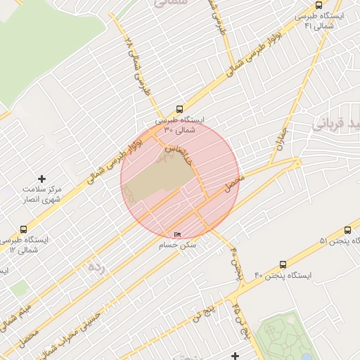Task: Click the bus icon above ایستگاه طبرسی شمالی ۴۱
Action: [x=320, y=5]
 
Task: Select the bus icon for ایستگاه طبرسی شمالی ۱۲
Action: [x=24, y=229]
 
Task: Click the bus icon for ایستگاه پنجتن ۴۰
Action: [x=283, y=265]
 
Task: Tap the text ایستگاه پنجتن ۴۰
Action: [x=278, y=275]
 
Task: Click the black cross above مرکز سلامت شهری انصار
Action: [x=41, y=179]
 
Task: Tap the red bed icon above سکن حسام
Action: [x=176, y=235]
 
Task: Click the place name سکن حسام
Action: [x=178, y=245]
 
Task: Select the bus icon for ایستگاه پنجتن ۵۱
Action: [x=348, y=230]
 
